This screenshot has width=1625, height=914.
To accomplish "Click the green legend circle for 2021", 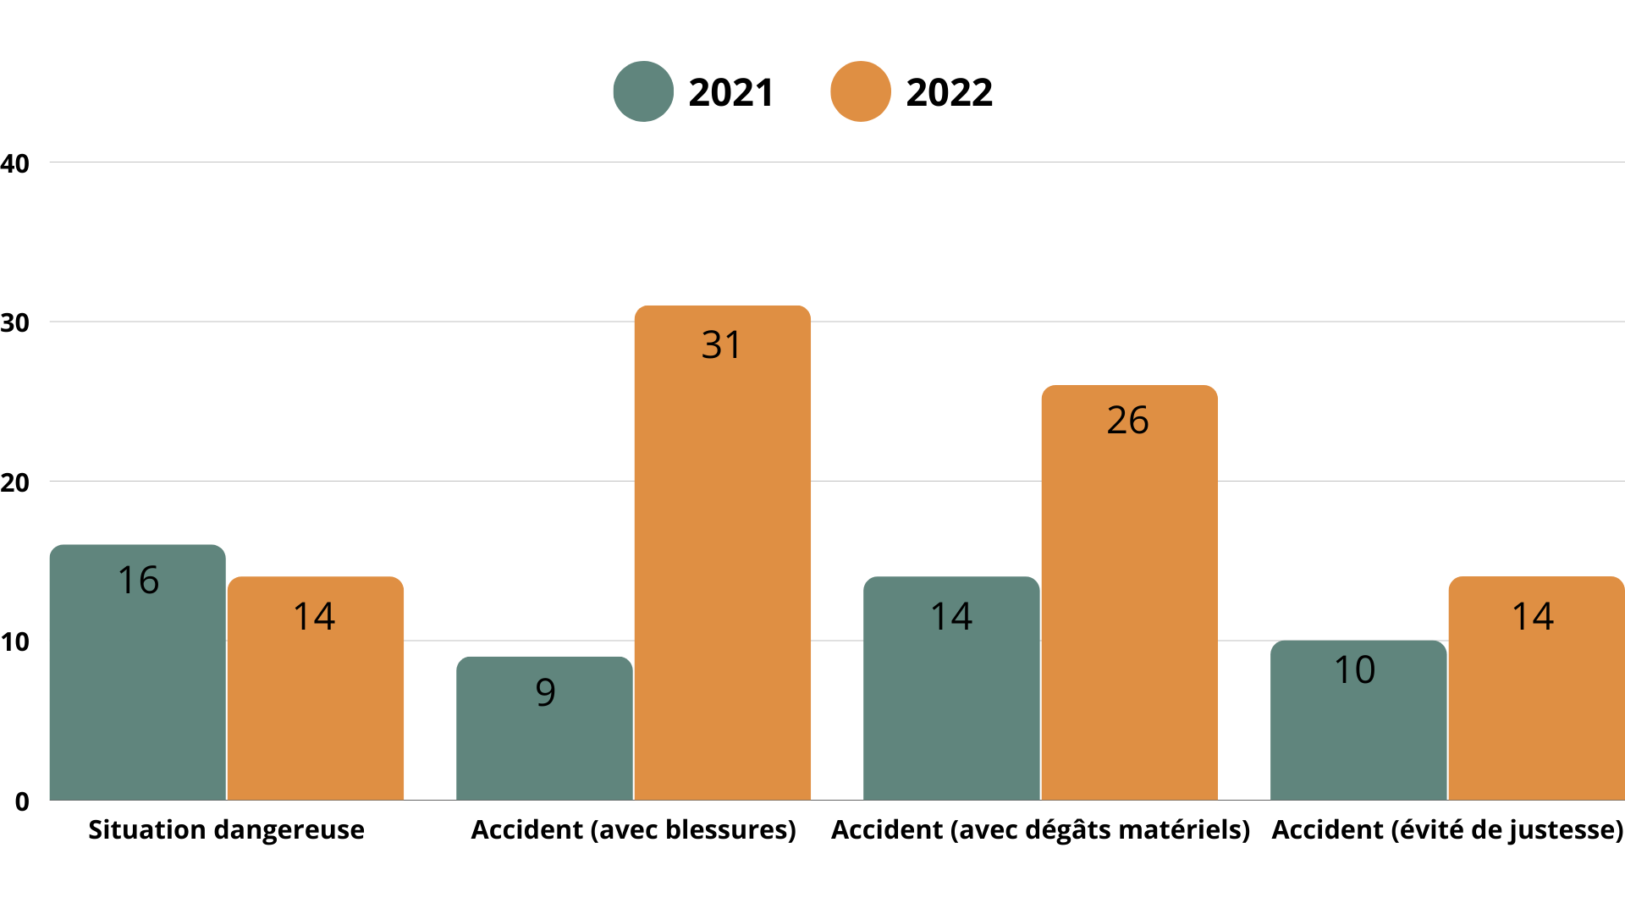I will [643, 91].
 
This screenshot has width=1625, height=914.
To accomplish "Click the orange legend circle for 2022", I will [861, 91].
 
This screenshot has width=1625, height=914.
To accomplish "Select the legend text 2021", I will [731, 92].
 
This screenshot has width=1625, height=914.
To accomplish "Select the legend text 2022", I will [949, 92].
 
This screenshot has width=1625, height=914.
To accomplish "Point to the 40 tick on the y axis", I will [14, 163].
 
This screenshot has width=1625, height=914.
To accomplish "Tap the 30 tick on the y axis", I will [14, 322].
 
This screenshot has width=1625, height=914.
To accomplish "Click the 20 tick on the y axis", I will [14, 482].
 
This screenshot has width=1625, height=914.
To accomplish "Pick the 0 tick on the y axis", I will [22, 801].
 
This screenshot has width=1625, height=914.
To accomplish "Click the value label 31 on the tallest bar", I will [721, 344].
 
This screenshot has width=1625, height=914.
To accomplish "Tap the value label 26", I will [1127, 420].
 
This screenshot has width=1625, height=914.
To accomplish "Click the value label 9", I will [545, 692].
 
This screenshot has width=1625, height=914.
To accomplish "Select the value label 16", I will [138, 580].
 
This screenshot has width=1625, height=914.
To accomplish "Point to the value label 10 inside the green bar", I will [1354, 669].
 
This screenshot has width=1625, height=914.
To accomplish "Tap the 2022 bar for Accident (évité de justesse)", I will [1536, 711].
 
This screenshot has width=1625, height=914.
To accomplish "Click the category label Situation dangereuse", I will [226, 829].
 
